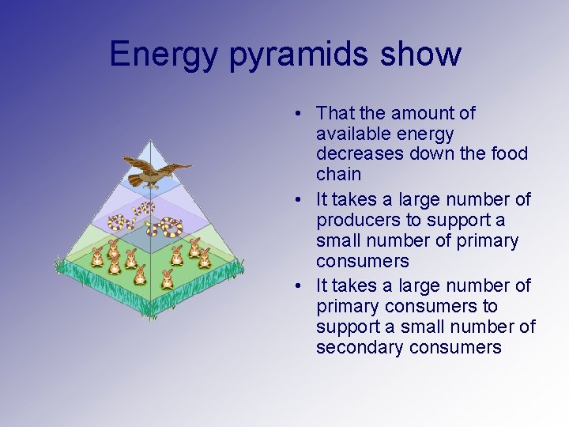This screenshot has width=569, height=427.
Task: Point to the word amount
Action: click(x=444, y=113)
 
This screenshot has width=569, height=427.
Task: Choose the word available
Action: click(x=354, y=134)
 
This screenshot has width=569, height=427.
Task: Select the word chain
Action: click(x=338, y=174)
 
